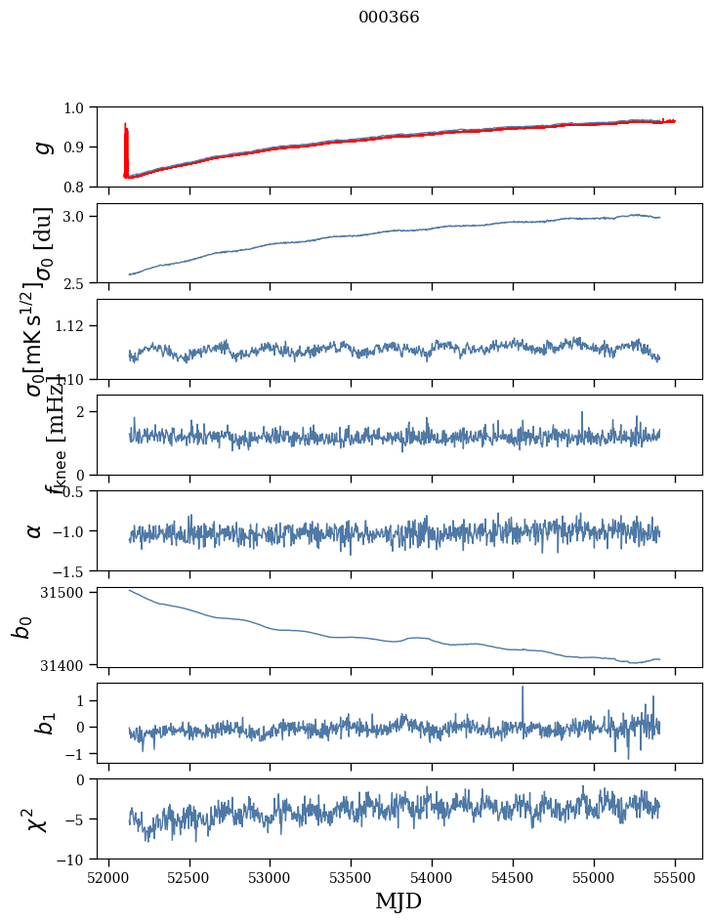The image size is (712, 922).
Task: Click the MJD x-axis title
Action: pos(398,901)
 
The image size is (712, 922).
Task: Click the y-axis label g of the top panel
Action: pos(42,147)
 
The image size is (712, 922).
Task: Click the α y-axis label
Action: pos(35,530)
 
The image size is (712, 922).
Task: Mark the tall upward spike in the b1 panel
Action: pos(523,689)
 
